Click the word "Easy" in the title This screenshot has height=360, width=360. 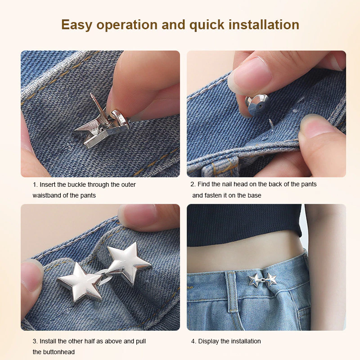[x=76, y=25]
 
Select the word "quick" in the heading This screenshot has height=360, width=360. [x=207, y=25]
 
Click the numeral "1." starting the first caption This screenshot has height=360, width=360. [x=35, y=184]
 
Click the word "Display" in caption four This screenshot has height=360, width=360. [x=208, y=342]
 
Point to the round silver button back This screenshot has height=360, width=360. [x=256, y=105]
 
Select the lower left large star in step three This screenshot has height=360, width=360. [x=81, y=282]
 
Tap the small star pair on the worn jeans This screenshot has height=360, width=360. [x=262, y=280]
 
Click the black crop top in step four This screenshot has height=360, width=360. [x=244, y=224]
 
